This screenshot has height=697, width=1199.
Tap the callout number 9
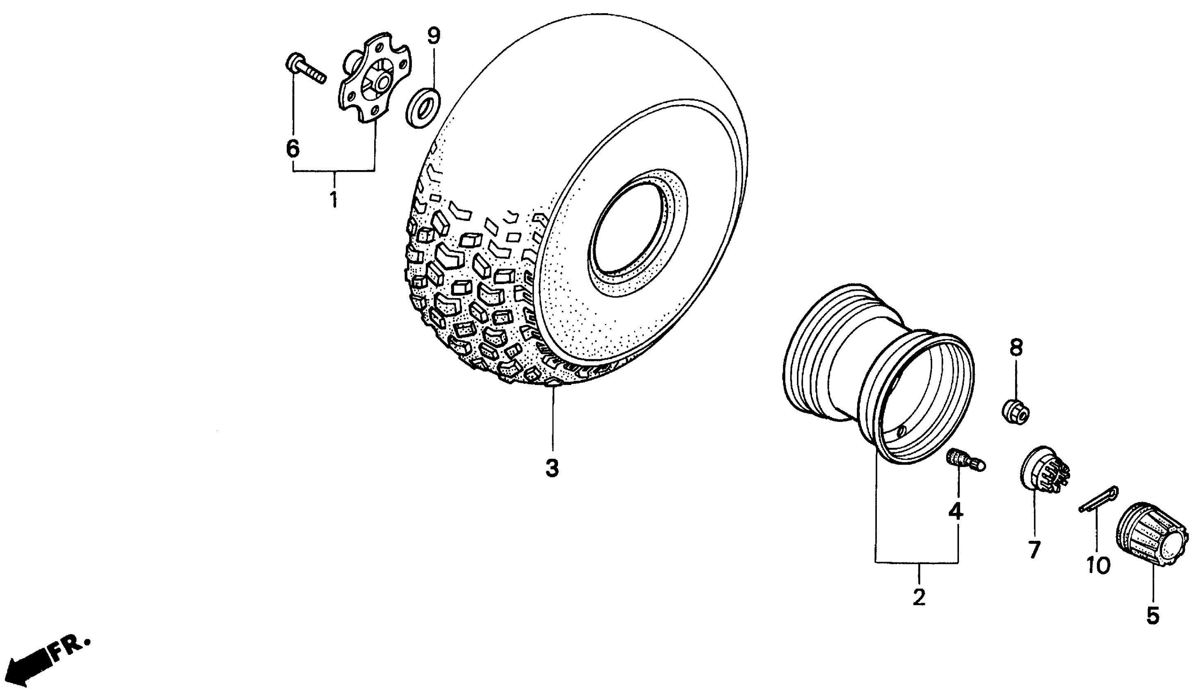(x=433, y=36)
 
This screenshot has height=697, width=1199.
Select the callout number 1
(x=334, y=199)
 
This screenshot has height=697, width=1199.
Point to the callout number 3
(x=552, y=468)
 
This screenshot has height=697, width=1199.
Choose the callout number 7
(x=1034, y=550)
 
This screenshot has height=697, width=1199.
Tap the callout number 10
(x=1098, y=566)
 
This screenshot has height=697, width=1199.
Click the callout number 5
(x=1152, y=616)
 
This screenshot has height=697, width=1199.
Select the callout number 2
(x=919, y=597)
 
